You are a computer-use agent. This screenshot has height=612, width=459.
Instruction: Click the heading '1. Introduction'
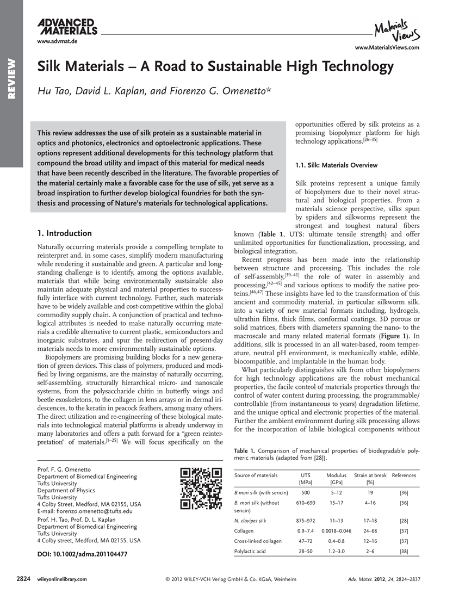pos(64,233)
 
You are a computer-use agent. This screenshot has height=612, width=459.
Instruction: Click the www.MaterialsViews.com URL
pos(387,48)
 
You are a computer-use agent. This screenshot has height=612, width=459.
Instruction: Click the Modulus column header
pos(336,475)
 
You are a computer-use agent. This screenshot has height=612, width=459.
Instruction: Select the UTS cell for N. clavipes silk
pos(306,521)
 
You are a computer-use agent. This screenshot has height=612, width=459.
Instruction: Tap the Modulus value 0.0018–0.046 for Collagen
pos(336,530)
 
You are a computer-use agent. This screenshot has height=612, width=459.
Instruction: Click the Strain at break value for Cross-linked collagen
pos(370,541)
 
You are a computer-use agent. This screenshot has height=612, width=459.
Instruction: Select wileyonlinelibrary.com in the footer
pos(61,579)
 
